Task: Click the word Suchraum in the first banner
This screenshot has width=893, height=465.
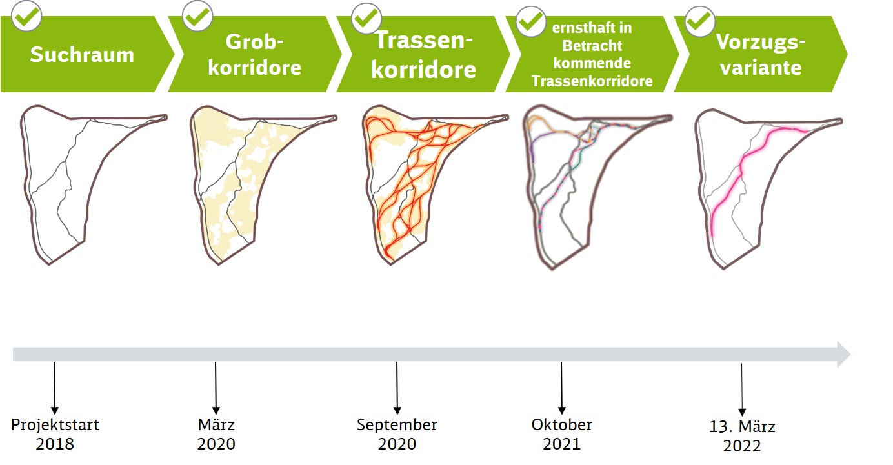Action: click(82, 55)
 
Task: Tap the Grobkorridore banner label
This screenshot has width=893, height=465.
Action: click(254, 55)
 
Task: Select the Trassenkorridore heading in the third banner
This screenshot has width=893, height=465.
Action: click(423, 55)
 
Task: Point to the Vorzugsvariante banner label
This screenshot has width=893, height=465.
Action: click(761, 55)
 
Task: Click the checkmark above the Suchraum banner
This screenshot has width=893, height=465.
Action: click(26, 16)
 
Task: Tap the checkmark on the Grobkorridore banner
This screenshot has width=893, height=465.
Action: click(197, 16)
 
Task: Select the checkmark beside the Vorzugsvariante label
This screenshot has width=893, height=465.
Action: click(700, 21)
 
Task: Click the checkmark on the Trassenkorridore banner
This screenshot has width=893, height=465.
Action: click(366, 18)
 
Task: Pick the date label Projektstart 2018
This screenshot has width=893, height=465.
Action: click(55, 434)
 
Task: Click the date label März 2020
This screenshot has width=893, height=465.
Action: click(216, 434)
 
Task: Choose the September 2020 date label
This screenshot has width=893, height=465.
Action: click(397, 434)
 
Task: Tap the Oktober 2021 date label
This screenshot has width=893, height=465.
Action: click(562, 434)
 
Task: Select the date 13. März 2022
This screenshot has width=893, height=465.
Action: click(742, 437)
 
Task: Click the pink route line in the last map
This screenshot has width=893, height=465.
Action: click(741, 167)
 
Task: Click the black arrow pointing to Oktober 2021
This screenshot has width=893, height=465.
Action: click(561, 388)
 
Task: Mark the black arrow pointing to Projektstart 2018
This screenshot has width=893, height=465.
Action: click(54, 388)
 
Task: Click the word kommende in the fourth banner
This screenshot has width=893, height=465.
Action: click(592, 63)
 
